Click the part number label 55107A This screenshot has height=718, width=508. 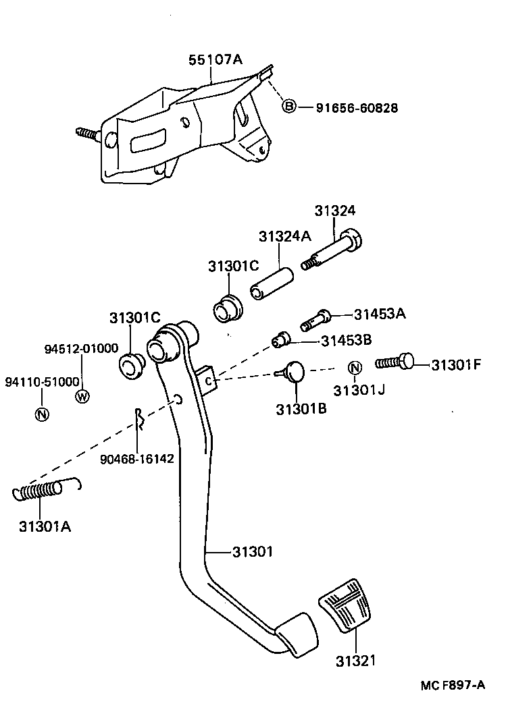(214, 60)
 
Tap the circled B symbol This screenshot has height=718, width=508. (288, 107)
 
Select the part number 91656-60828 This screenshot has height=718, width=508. (357, 107)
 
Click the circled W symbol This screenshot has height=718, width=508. (82, 396)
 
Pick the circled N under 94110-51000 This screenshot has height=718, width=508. (42, 414)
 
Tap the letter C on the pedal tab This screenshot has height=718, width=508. (209, 381)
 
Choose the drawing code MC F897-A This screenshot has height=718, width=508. (453, 685)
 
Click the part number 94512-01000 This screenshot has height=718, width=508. (82, 349)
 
